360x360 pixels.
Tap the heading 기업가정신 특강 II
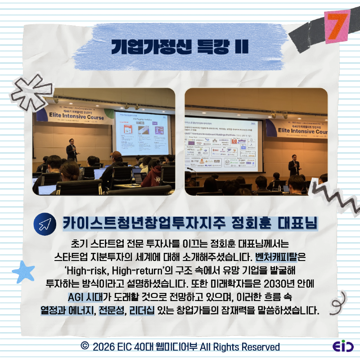pyautogui.click(x=180, y=47)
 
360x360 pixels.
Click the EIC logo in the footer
pyautogui.click(x=343, y=347)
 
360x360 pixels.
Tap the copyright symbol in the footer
pyautogui.click(x=84, y=346)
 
